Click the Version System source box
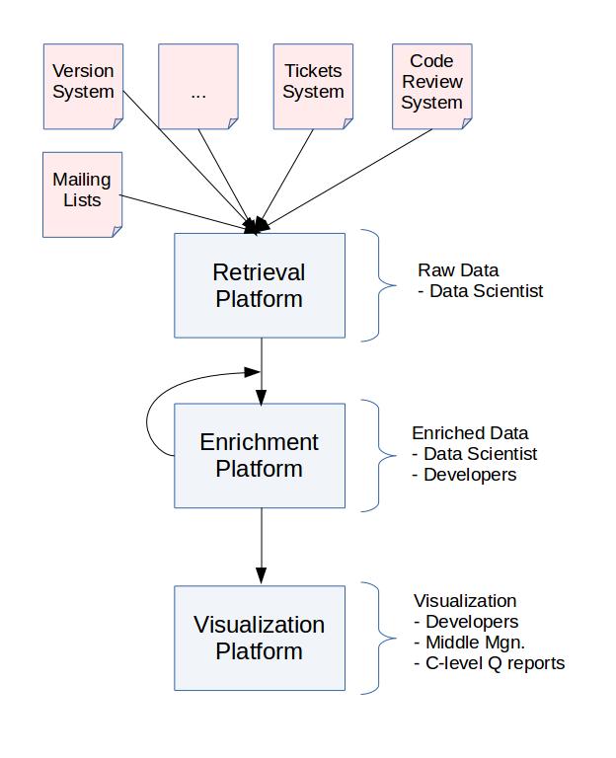(x=83, y=86)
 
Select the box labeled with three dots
(x=198, y=86)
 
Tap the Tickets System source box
(x=313, y=86)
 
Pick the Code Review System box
(x=431, y=86)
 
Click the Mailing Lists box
(x=82, y=193)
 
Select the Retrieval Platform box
(x=260, y=285)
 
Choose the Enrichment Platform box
(x=260, y=455)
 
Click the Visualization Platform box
(x=260, y=638)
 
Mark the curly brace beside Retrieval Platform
(x=380, y=285)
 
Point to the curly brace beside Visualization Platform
(x=380, y=638)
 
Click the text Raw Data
(x=458, y=270)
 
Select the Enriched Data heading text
(x=470, y=433)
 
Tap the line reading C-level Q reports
(x=489, y=663)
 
